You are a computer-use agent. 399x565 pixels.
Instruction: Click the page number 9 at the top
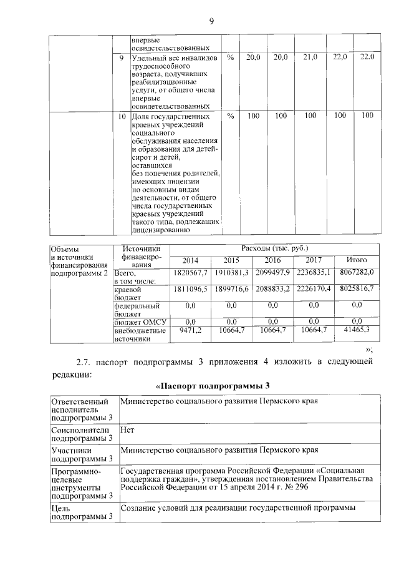click(x=211, y=22)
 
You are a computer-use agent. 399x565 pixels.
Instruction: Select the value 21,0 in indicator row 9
click(x=310, y=57)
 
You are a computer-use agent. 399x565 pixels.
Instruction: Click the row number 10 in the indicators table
click(x=123, y=116)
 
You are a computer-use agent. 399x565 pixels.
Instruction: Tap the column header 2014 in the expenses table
click(x=190, y=260)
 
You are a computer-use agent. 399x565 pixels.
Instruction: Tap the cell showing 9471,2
click(x=190, y=329)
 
